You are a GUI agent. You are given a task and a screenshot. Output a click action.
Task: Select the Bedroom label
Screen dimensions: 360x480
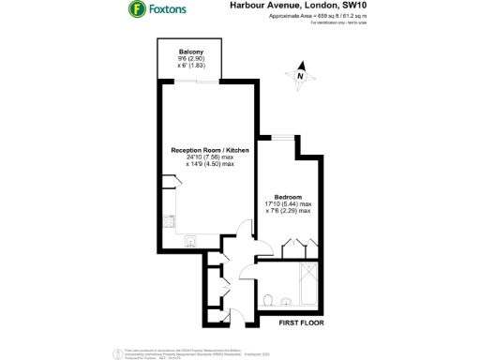click(287, 197)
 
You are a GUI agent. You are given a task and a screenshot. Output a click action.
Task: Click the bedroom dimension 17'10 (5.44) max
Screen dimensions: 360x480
click(288, 204)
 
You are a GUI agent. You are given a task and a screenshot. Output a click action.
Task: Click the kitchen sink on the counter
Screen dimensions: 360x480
click(190, 239)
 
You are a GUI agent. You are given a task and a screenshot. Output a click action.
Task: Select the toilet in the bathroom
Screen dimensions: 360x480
click(269, 301)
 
